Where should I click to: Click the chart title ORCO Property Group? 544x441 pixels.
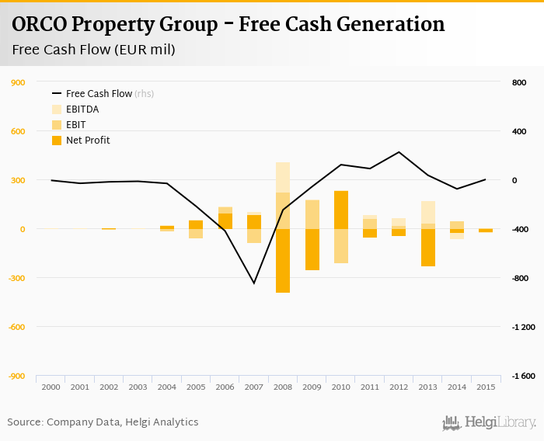(228, 24)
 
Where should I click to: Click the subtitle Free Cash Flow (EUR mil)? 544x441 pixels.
(93, 50)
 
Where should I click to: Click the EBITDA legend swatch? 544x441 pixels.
(57, 109)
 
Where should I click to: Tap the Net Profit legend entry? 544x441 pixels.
(88, 141)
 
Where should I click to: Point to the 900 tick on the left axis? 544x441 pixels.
(18, 82)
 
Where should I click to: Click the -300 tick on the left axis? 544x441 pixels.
(16, 278)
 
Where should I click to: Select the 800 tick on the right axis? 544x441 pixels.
(519, 82)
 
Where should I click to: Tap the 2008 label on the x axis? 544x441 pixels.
(282, 387)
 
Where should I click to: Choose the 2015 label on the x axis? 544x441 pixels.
(485, 387)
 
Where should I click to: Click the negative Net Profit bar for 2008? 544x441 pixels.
(283, 261)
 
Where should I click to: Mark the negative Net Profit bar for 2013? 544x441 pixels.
(427, 248)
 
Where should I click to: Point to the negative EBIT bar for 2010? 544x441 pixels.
(340, 246)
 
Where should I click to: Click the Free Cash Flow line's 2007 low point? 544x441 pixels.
(253, 283)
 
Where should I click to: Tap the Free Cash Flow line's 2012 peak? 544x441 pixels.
(399, 152)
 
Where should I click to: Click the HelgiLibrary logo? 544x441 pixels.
(489, 422)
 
